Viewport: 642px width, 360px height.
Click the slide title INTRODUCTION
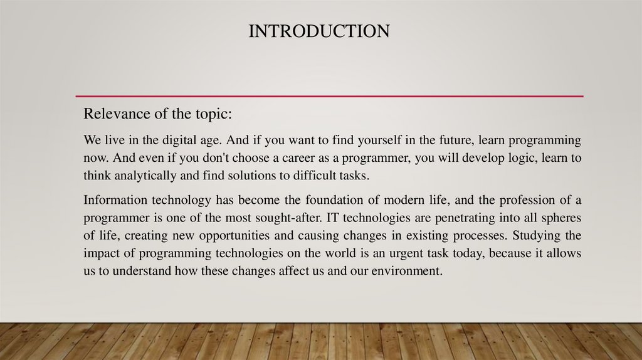coord(318,31)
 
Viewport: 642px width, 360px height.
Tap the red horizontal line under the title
coord(329,96)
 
